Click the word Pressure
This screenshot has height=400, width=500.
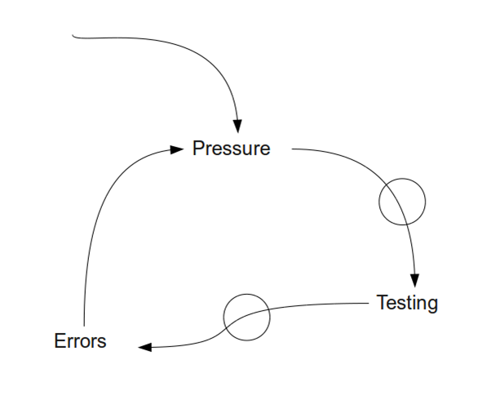[231, 149]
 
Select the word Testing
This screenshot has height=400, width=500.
[407, 303]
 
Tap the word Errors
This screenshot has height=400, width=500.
[80, 341]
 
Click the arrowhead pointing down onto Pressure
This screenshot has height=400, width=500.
[237, 126]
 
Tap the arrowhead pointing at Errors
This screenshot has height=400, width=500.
[145, 348]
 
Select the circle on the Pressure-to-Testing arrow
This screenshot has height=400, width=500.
[402, 201]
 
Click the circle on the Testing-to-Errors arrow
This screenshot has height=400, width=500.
[246, 317]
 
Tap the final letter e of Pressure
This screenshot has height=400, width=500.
[264, 150]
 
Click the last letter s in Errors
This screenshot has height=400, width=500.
[102, 343]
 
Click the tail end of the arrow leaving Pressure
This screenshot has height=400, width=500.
[293, 149]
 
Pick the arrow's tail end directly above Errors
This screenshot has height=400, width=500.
[84, 322]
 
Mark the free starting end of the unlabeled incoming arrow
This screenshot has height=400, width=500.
[74, 36]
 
